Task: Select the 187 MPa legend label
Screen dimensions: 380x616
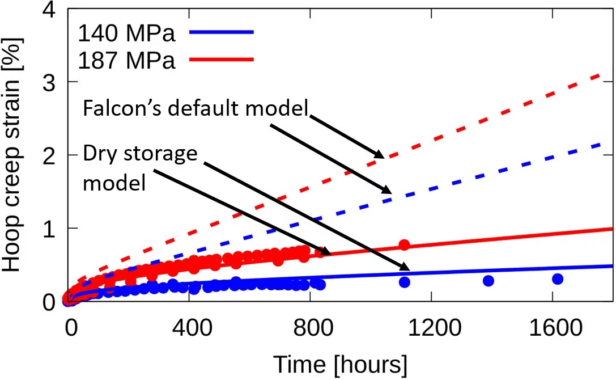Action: point(126,61)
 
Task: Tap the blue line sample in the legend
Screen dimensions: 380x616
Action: point(222,33)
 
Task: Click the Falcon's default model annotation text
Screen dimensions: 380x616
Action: point(196,109)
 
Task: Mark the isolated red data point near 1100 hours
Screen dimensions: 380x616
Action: point(404,244)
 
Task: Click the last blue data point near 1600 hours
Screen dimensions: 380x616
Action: point(557,278)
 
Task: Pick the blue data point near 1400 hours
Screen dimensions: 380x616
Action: point(488,281)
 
